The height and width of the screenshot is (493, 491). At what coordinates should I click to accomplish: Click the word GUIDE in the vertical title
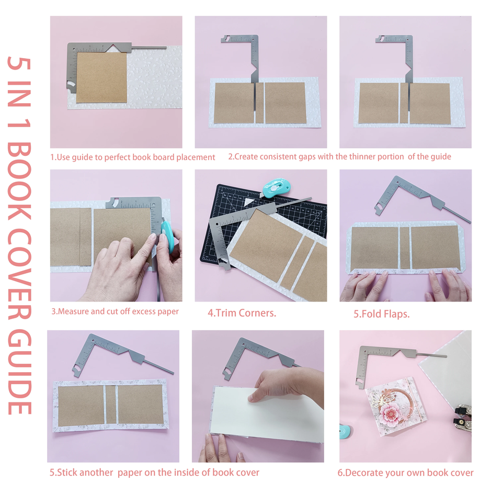pos(19,372)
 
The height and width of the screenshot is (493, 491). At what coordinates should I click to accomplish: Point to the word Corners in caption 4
pos(257,313)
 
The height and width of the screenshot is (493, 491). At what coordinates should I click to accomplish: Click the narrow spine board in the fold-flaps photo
pos(405,248)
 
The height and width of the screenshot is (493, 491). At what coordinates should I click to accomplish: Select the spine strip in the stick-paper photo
pos(110,405)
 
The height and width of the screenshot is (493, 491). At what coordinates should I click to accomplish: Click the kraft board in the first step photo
pos(101,77)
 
